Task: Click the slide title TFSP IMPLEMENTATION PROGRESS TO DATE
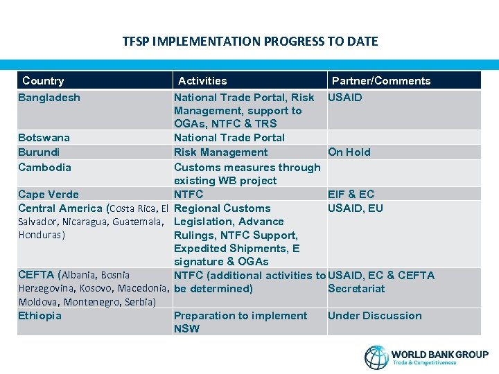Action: [x=250, y=42]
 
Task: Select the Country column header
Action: [x=43, y=81]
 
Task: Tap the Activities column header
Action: [x=202, y=81]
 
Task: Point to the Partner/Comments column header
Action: [x=381, y=81]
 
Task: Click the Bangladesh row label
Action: [x=49, y=98]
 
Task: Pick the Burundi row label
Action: [x=39, y=152]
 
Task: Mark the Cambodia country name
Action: [x=44, y=168]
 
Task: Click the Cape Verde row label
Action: [x=49, y=195]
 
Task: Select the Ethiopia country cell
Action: [x=40, y=316]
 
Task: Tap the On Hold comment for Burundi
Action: [x=349, y=152]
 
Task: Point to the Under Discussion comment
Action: [x=375, y=316]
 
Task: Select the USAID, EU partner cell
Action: [x=356, y=208]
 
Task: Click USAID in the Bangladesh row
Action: [x=345, y=98]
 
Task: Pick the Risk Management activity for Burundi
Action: [x=220, y=152]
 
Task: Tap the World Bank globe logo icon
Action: [x=376, y=357]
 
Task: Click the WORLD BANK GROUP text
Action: [x=439, y=354]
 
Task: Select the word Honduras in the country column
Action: [x=40, y=235]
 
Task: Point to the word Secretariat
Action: [x=356, y=289]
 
